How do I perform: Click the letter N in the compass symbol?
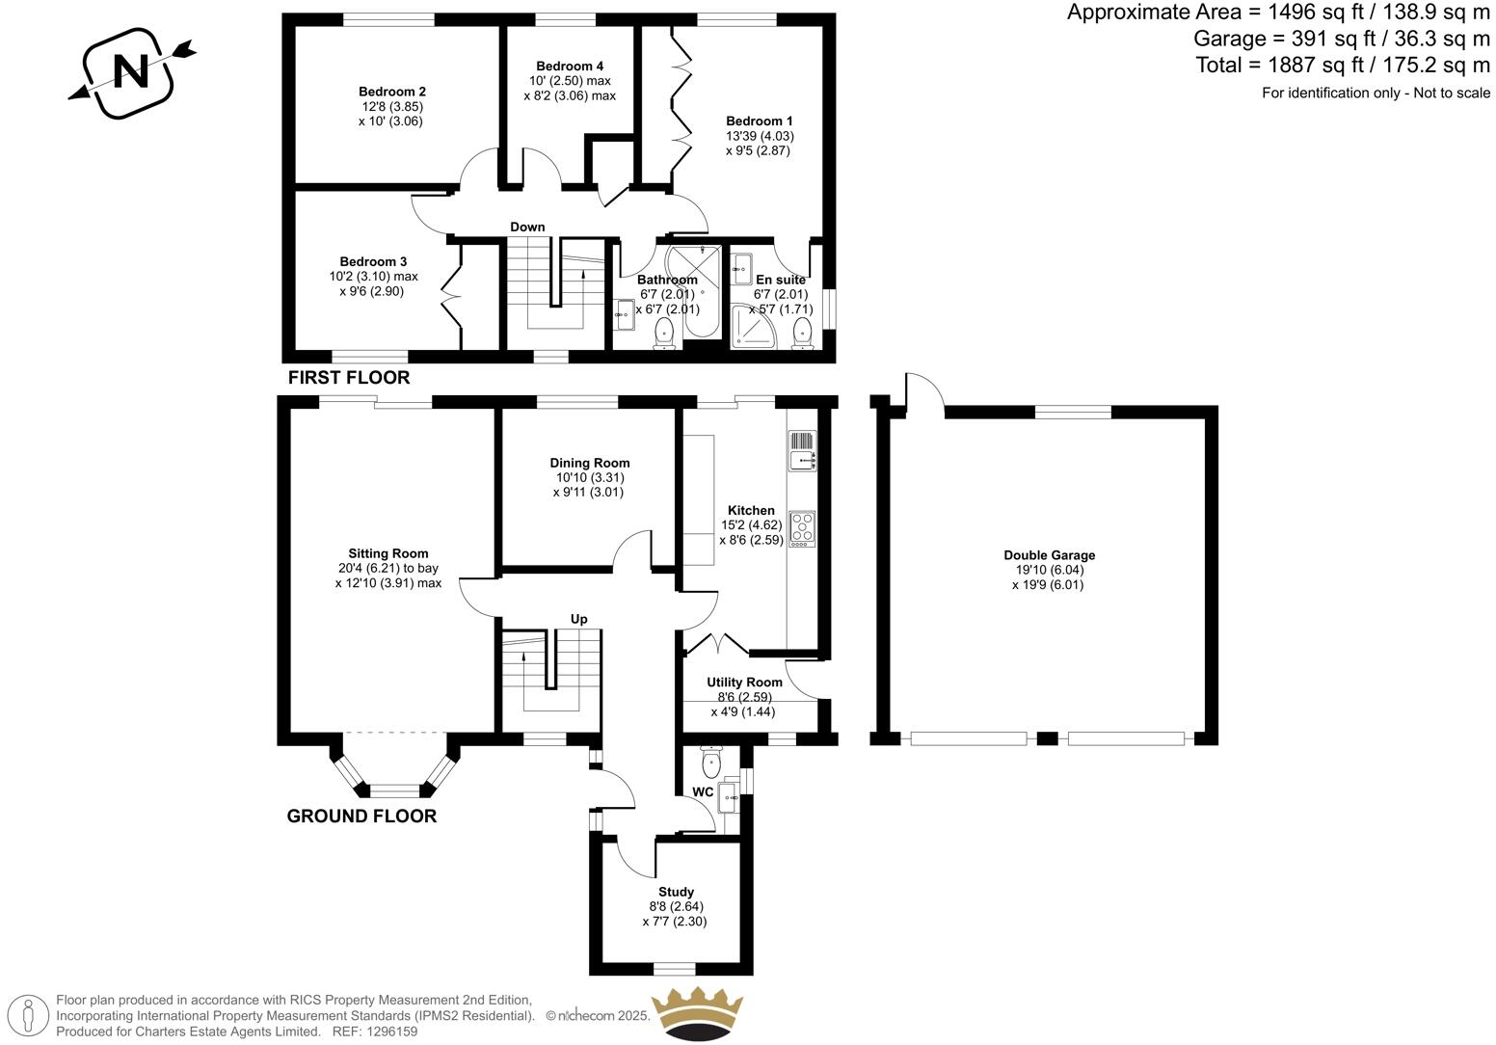click(x=131, y=71)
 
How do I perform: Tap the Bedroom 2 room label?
click(x=392, y=92)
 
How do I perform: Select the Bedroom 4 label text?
click(x=570, y=66)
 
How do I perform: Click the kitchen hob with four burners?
click(x=802, y=529)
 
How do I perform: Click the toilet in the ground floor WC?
click(x=711, y=764)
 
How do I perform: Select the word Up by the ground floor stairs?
click(x=578, y=619)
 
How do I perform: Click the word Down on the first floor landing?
click(x=527, y=228)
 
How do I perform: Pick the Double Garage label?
click(x=1049, y=555)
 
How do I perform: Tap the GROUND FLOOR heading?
click(x=361, y=817)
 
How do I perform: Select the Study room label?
click(x=676, y=892)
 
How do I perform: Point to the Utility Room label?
click(x=744, y=682)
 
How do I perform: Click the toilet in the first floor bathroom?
click(x=664, y=335)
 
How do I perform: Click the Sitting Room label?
click(x=388, y=553)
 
